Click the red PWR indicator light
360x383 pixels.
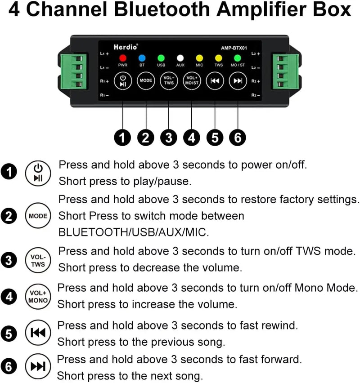123,58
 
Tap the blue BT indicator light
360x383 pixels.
142,58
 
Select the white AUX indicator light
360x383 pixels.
180,58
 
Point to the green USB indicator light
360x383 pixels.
161,58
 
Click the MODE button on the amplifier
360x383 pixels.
146,81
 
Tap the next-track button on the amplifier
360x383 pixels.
238,81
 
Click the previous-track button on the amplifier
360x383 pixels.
215,81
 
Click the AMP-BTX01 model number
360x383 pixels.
234,47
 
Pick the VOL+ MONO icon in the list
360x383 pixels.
38,297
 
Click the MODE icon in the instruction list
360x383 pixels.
38,216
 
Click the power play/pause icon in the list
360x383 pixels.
38,173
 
